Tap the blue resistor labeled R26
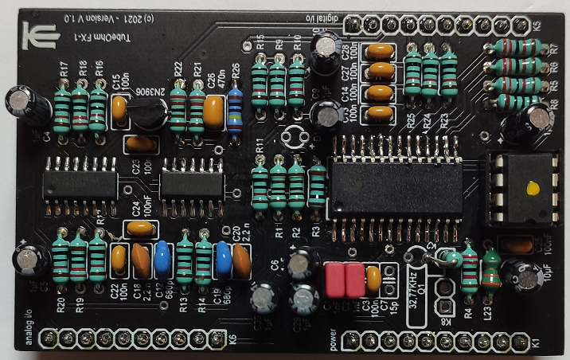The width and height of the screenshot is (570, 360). coord(235,109)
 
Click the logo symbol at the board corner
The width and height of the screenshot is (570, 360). coord(35,35)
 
